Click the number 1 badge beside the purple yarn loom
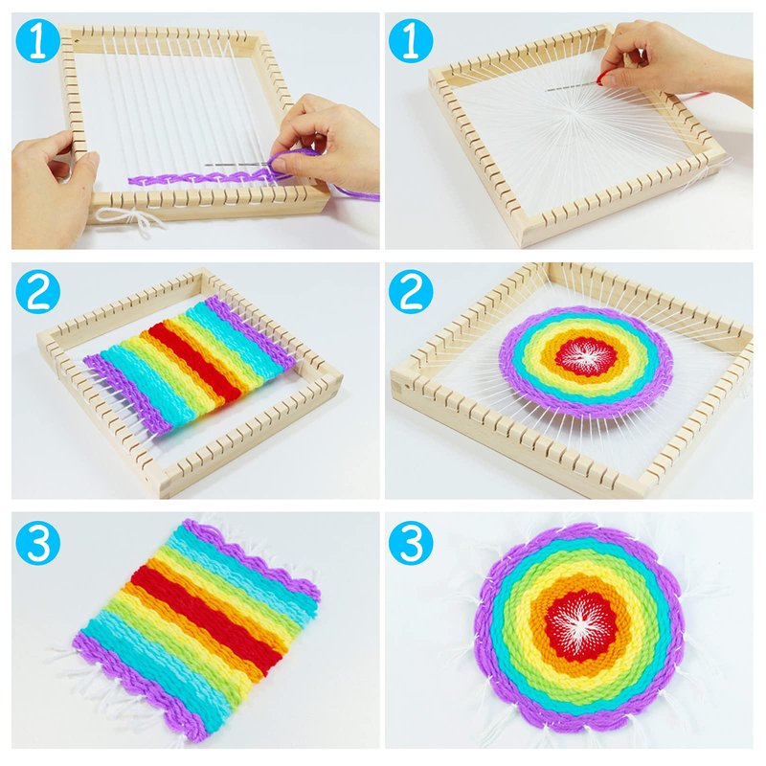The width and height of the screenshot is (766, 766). click(x=38, y=41)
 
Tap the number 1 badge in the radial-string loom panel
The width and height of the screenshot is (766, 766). click(x=411, y=41)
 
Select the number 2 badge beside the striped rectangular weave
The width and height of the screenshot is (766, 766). click(x=38, y=292)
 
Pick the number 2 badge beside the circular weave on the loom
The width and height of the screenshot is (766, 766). click(x=411, y=292)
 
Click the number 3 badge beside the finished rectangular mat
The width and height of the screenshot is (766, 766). click(x=38, y=542)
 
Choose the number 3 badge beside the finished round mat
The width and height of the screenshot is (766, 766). click(x=411, y=542)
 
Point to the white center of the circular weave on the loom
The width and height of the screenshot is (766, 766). click(x=586, y=355)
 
